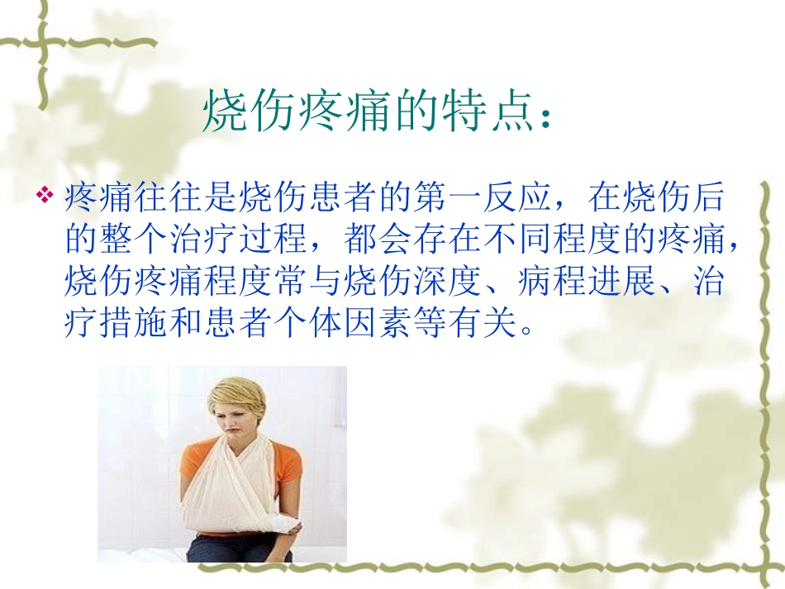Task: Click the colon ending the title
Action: click(x=543, y=116)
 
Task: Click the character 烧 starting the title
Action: click(x=223, y=112)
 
